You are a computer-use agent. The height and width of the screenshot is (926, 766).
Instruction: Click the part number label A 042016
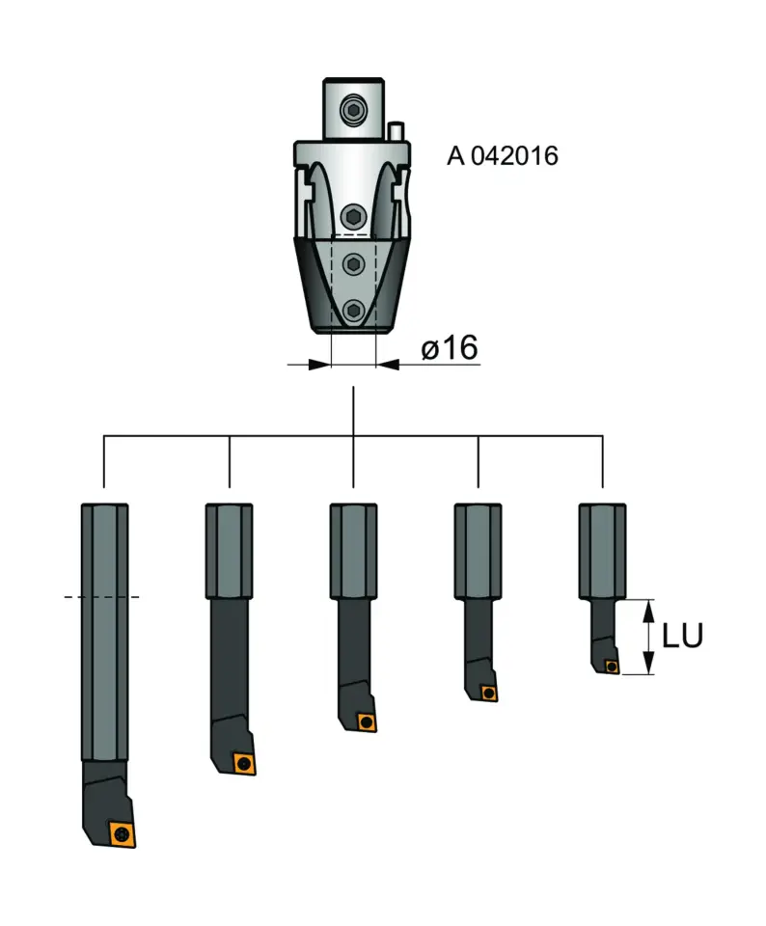[x=502, y=156]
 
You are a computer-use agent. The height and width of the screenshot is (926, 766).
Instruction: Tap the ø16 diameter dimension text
[x=450, y=347]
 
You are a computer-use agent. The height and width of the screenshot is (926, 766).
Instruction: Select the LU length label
[x=681, y=636]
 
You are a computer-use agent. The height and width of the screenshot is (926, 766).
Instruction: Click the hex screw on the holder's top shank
[x=354, y=108]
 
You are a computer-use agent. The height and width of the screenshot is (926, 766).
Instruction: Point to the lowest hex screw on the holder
[x=354, y=310]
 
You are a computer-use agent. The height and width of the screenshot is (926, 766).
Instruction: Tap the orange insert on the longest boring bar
[x=122, y=832]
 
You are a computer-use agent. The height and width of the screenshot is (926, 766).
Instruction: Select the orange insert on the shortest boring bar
[x=611, y=666]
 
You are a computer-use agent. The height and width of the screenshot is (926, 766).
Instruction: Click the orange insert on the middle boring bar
[x=365, y=722]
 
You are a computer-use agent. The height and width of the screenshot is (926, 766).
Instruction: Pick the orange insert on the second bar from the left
[x=243, y=762]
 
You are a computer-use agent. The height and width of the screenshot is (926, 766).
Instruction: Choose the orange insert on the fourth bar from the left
[x=489, y=692]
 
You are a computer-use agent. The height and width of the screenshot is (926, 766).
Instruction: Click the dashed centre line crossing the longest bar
[x=102, y=597]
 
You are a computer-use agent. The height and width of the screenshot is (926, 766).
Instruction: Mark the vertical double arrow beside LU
[x=649, y=637]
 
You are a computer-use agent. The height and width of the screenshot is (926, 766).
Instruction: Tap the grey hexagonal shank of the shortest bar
[x=602, y=550]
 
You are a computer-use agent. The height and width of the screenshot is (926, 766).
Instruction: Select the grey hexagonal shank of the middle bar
[x=353, y=550]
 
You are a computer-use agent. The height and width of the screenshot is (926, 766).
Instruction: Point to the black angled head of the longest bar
[x=104, y=796]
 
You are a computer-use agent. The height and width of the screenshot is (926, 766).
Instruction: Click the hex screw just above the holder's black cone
[x=354, y=215]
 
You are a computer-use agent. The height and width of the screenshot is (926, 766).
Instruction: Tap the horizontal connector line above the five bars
[x=289, y=436]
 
